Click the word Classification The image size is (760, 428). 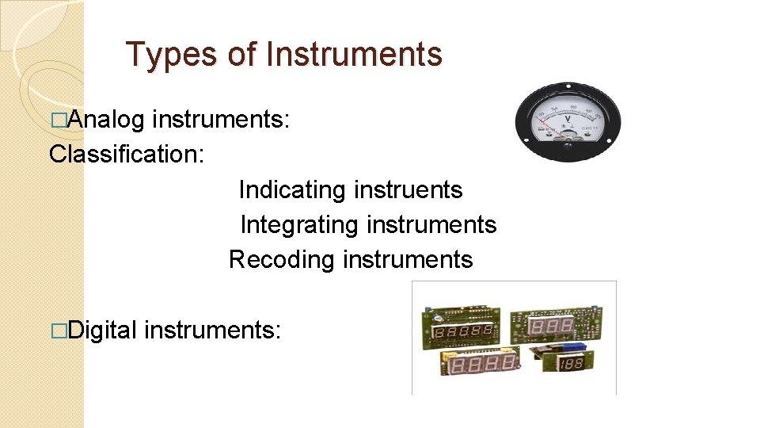[127, 154]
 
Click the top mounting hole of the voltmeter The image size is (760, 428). [568, 82]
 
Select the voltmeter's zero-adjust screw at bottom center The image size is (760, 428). [567, 144]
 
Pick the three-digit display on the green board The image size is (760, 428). [552, 327]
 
